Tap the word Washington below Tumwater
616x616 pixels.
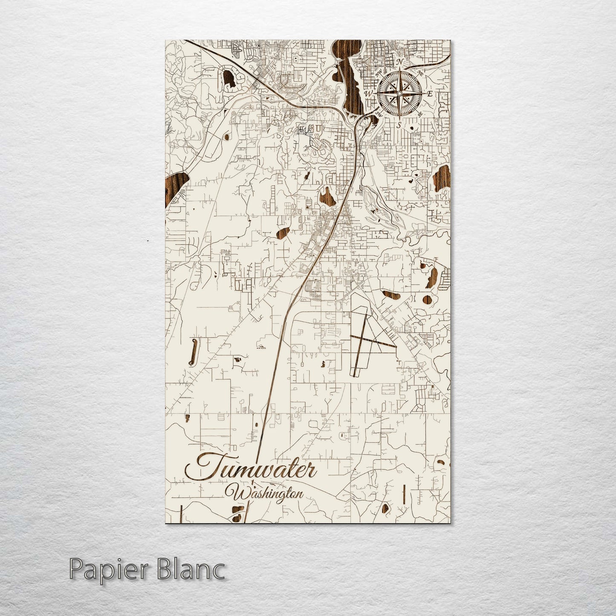point(267,493)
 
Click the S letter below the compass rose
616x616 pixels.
point(399,125)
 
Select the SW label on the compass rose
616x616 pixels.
point(378,113)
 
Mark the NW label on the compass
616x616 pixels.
point(379,72)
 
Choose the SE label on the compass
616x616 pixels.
point(420,114)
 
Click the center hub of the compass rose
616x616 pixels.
point(399,93)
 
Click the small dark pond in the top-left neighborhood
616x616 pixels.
point(228,79)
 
